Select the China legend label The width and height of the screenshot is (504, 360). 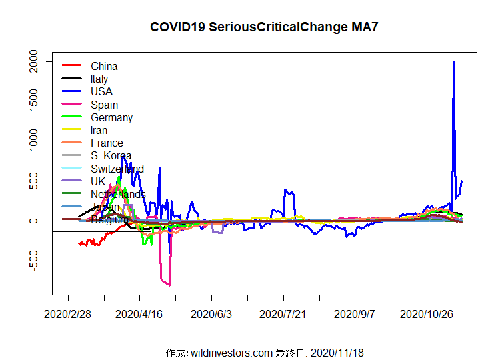104,66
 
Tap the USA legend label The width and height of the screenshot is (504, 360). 101,92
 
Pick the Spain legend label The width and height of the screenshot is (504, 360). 104,105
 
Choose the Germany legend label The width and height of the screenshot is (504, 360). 111,117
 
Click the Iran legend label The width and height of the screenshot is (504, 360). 99,130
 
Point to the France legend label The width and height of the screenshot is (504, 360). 107,143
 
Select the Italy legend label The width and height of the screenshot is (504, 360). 99,79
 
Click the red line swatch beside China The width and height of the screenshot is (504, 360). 71,66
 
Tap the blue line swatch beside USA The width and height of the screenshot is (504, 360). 71,92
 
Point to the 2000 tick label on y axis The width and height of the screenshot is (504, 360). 39,62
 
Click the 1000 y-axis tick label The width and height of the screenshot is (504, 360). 39,141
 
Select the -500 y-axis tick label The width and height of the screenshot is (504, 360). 39,261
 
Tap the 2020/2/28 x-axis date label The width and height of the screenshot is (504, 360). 68,313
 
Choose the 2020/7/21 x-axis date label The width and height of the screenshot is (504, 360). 283,313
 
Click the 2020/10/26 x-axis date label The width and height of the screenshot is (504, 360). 427,313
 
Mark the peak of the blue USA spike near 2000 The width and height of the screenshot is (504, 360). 453,62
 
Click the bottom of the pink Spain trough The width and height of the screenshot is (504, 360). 169,285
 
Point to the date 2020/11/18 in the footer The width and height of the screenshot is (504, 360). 337,352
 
